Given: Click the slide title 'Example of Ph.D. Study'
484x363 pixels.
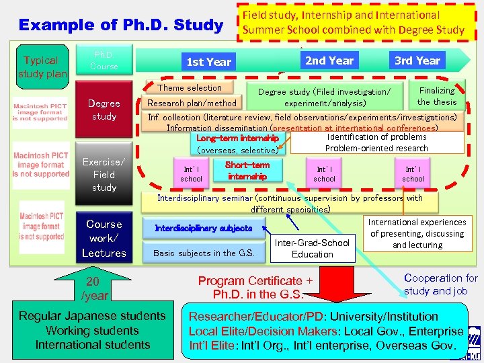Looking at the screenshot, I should point(121,26).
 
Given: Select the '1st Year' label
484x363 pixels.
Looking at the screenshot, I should point(208,62).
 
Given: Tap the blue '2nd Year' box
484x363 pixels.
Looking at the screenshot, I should point(329,61).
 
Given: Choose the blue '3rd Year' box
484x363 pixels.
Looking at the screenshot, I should point(417,61).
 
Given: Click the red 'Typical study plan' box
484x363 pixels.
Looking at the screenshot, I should point(42,67).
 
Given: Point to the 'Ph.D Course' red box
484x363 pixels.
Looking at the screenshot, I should point(104,61).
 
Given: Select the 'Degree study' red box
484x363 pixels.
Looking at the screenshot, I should point(104,110).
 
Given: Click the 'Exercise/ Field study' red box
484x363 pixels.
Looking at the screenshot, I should point(104,175).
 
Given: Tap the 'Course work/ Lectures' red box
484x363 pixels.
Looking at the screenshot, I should point(104,239).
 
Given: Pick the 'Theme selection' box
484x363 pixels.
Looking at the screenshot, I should point(190,88).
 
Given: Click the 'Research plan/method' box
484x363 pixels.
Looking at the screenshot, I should point(192,103).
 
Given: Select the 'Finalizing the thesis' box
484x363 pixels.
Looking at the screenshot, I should point(436,96).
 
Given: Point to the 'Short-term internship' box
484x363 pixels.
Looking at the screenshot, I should point(247,171).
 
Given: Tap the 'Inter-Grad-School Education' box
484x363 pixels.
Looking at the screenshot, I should point(312,248).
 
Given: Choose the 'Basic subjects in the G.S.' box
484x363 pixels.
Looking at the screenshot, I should point(204,253).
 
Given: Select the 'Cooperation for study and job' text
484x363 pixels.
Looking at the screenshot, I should point(440,284).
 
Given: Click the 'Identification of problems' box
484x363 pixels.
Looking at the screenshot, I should point(376,137).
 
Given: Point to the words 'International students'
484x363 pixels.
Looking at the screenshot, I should point(93,345).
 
